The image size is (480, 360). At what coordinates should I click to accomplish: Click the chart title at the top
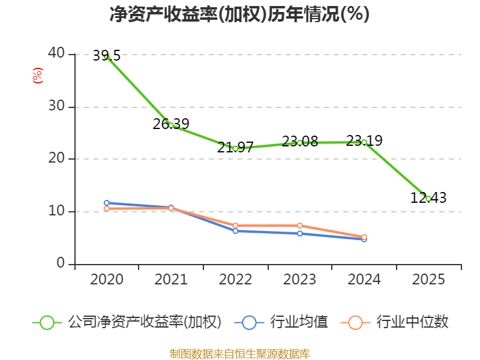239,14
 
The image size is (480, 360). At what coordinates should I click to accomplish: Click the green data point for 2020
106,56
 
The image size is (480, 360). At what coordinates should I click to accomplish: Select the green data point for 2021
171,125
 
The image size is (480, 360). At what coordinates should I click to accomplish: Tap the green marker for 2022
235,148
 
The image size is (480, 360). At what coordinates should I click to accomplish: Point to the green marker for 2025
428,199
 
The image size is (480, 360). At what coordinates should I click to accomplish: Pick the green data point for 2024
364,142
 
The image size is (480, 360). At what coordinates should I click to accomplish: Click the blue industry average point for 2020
106,203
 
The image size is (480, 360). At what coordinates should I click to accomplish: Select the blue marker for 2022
235,230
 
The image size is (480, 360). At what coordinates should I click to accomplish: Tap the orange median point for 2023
299,226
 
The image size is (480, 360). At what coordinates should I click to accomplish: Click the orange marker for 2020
106,209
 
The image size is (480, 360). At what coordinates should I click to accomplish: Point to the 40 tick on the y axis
56,53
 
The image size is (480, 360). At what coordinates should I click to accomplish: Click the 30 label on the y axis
56,106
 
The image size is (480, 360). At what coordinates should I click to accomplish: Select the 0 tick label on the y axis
61,263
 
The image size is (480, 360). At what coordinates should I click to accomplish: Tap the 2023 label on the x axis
299,280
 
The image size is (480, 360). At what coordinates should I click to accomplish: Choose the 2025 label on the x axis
428,280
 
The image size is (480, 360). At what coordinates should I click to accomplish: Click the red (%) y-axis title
38,76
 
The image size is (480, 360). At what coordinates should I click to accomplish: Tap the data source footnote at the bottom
239,353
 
